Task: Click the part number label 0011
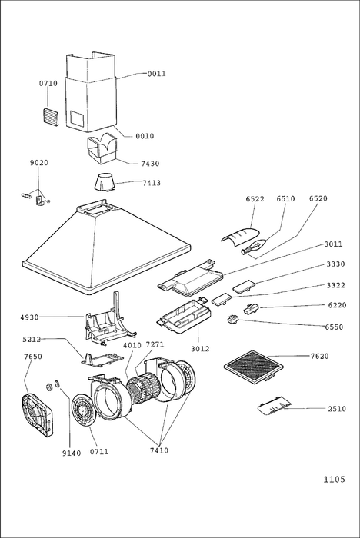pos(157,74)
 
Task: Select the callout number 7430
pos(150,164)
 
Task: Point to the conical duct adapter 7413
pos(105,182)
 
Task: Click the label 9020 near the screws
pos(38,163)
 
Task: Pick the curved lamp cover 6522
pos(240,237)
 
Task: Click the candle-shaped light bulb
pos(254,247)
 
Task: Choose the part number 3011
pos(333,244)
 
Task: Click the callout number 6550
pos(334,327)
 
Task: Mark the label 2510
pos(337,409)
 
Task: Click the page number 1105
pos(334,480)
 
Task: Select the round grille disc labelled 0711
pos(82,410)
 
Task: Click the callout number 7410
pos(159,450)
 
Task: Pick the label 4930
pos(29,317)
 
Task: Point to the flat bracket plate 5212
pos(102,360)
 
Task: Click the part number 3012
pos(200,349)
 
